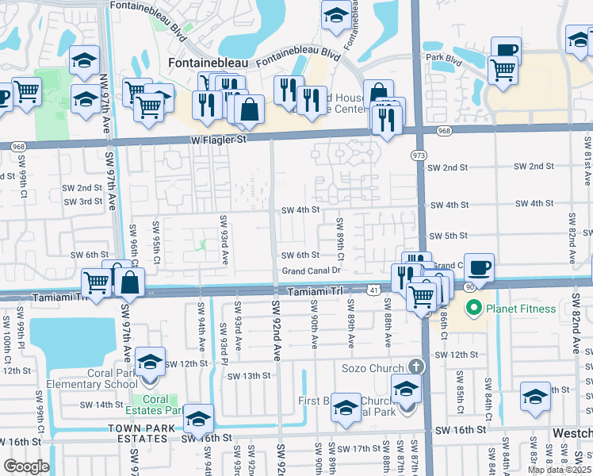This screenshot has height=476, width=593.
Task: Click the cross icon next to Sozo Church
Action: (415, 367)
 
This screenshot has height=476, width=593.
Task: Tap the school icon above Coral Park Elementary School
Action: (149, 363)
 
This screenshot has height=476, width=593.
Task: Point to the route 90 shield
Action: (470, 286)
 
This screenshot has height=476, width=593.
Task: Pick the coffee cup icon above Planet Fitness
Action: (478, 267)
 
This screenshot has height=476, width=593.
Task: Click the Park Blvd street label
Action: (444, 57)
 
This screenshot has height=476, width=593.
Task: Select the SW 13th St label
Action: (249, 375)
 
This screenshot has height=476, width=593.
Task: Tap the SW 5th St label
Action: (449, 236)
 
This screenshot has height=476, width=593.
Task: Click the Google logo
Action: (26, 466)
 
